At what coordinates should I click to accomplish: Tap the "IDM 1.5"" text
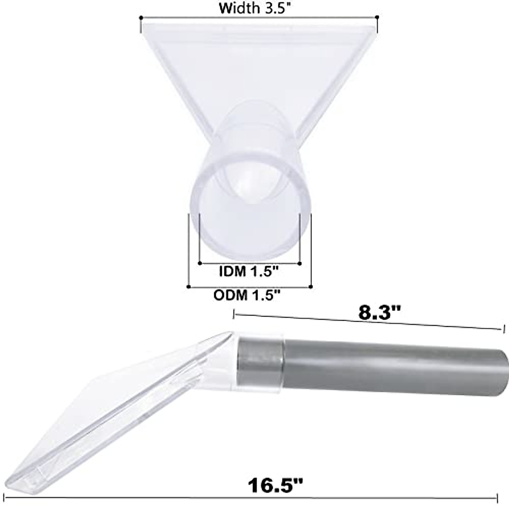point(249,271)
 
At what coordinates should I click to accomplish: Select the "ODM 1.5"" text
point(247,295)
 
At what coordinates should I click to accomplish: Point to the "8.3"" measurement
point(380,313)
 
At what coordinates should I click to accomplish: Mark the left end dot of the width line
point(141,18)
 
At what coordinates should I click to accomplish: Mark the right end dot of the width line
point(377,17)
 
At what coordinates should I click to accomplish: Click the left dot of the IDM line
point(200,263)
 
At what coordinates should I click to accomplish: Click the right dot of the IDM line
point(299,263)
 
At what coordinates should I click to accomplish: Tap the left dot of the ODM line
point(188,287)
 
